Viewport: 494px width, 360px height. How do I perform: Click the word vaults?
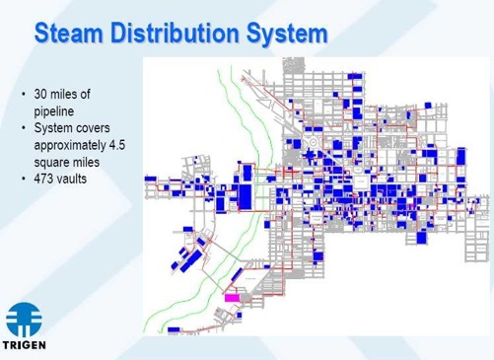point(76,180)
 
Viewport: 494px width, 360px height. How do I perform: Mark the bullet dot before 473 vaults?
point(24,180)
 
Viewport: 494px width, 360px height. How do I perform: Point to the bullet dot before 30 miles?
point(24,95)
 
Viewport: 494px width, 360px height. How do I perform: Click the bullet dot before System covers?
point(24,128)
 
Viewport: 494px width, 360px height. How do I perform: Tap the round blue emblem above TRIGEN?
point(26,318)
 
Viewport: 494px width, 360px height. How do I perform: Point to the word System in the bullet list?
point(54,128)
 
